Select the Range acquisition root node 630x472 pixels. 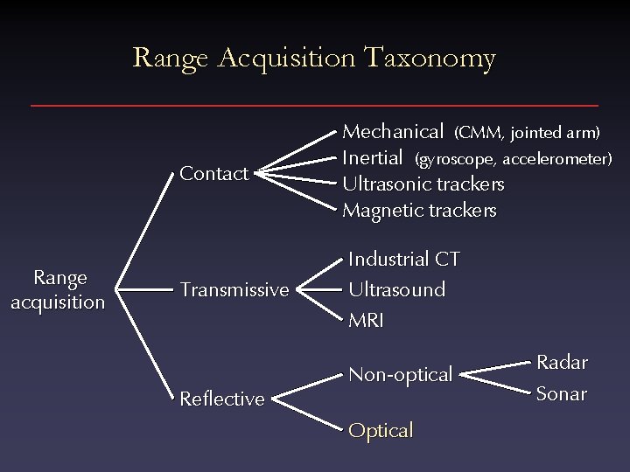point(59,289)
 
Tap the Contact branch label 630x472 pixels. point(213,173)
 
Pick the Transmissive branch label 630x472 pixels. point(234,289)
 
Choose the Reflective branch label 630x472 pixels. point(221,399)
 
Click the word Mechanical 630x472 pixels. point(393,132)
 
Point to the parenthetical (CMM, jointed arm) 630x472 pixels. point(527,133)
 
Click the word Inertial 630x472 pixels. point(372,158)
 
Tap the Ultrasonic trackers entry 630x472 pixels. point(423,184)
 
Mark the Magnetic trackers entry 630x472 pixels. point(419,211)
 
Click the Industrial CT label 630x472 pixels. point(404,259)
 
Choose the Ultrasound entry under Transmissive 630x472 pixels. point(396,288)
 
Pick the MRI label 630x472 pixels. point(366,320)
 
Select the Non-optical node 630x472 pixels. point(400,374)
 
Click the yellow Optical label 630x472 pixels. point(381,430)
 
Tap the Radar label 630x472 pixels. point(562,362)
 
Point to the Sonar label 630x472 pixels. point(561,393)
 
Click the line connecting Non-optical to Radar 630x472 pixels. point(494,367)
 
